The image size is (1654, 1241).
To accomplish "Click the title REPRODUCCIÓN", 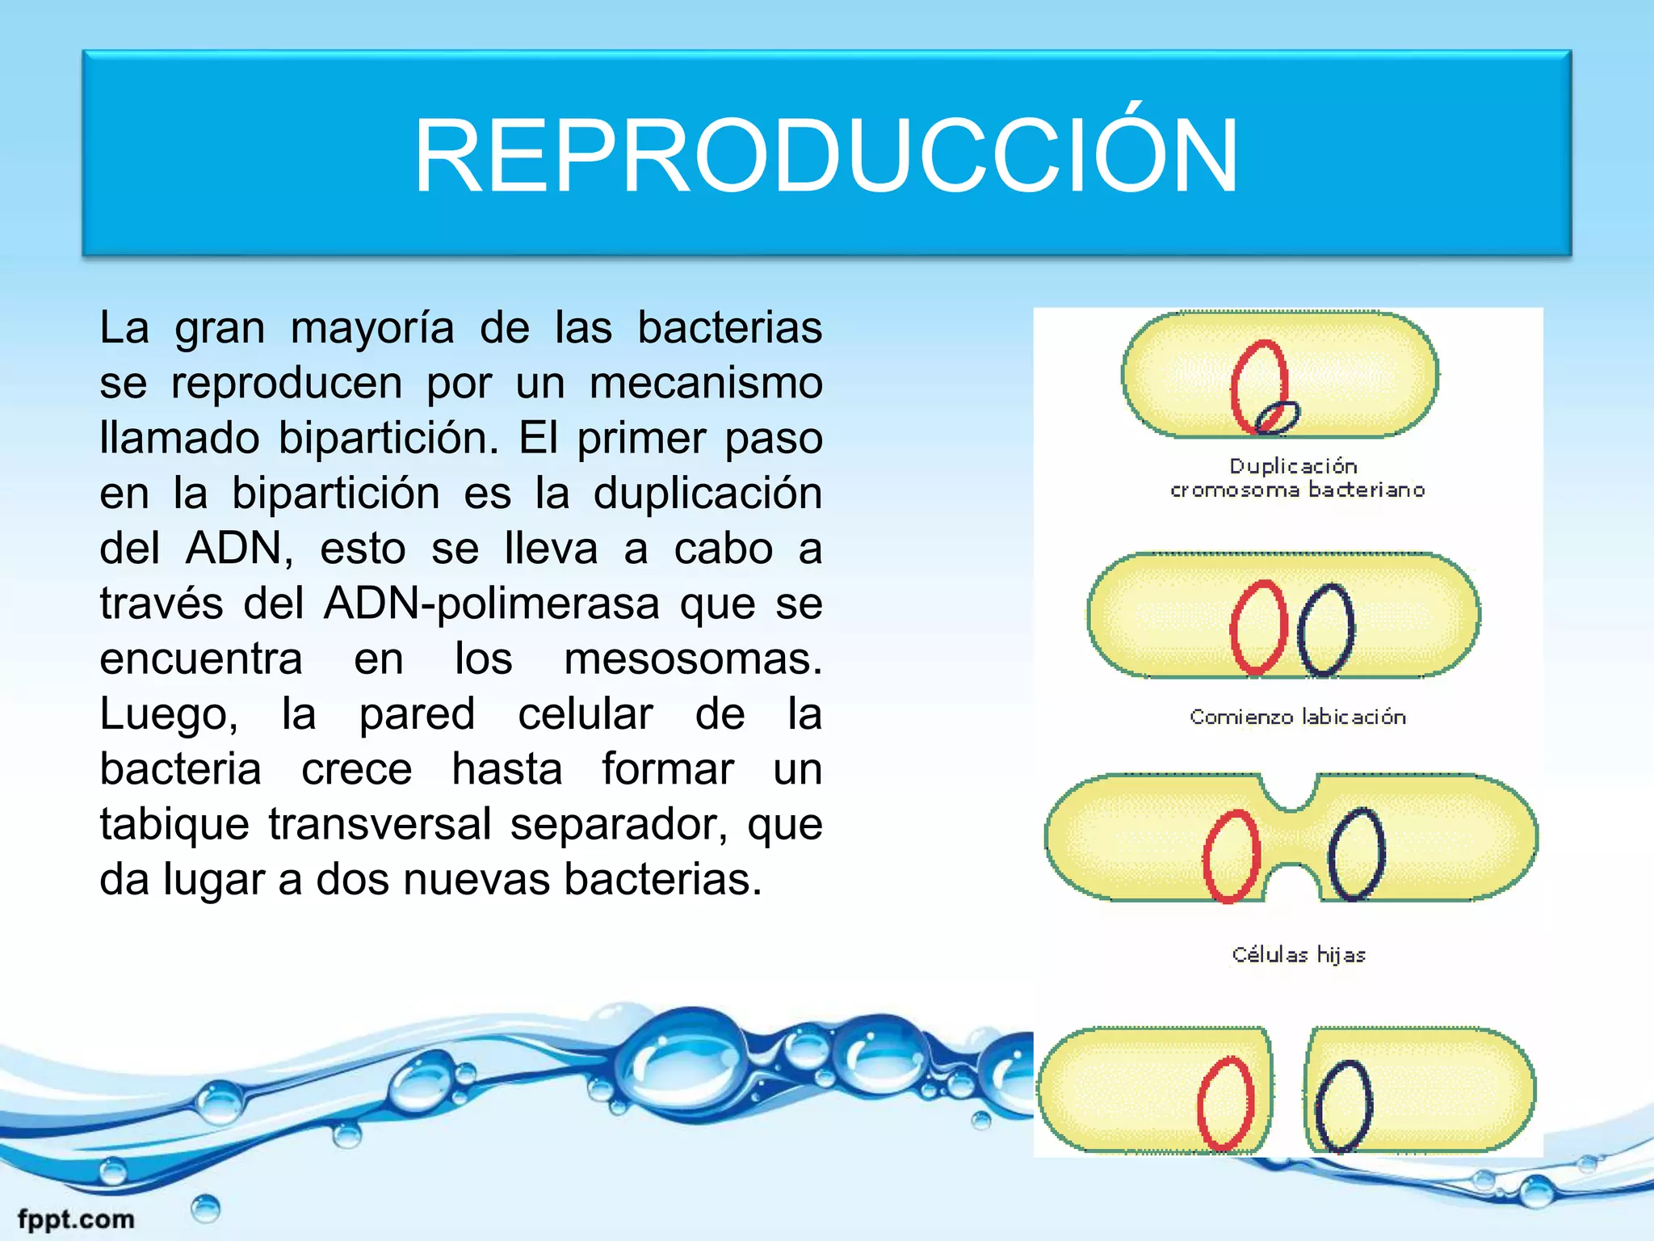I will tap(826, 155).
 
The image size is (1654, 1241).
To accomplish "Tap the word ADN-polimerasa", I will tap(492, 604).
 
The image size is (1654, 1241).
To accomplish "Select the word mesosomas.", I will tap(693, 659).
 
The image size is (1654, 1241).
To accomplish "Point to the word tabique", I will tap(174, 825).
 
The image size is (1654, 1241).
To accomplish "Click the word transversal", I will tap(380, 825).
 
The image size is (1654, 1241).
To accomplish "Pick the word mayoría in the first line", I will tap(372, 329).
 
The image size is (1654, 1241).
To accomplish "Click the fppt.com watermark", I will tap(76, 1218).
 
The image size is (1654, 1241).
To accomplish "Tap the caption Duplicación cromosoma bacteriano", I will tap(1297, 477).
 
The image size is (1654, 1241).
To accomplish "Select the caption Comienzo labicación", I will tap(1297, 717).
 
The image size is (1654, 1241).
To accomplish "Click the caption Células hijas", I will tap(1299, 955).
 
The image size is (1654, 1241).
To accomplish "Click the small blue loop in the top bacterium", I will tap(1278, 417).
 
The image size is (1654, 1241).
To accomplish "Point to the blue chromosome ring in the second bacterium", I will tap(1326, 629).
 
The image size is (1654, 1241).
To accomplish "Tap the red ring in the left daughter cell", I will tap(1226, 1103).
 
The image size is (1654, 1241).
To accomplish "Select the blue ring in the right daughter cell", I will tap(1343, 1105).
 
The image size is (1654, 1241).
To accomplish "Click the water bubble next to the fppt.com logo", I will tap(205, 1209).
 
